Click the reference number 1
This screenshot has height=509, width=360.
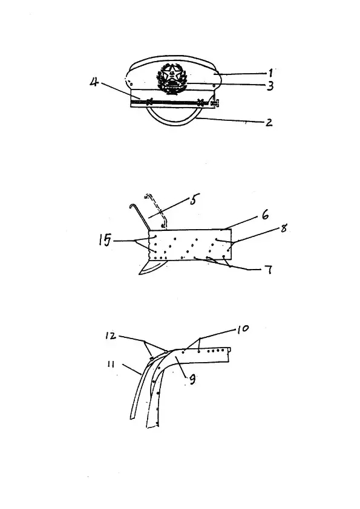pyautogui.click(x=270, y=73)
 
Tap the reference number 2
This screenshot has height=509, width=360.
pyautogui.click(x=269, y=122)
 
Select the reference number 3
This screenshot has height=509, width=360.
pyautogui.click(x=270, y=86)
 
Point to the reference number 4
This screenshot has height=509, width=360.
pyautogui.click(x=94, y=82)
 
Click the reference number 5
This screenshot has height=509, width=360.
pyautogui.click(x=193, y=199)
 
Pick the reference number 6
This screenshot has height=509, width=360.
pyautogui.click(x=266, y=215)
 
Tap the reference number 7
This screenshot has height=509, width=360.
pyautogui.click(x=269, y=270)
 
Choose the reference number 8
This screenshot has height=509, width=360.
pyautogui.click(x=284, y=229)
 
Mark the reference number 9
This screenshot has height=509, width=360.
pyautogui.click(x=192, y=380)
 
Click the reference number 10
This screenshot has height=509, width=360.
pyautogui.click(x=243, y=329)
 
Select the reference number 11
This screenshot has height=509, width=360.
pyautogui.click(x=111, y=365)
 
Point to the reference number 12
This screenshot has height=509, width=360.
pyautogui.click(x=111, y=336)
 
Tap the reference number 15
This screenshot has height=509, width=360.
pyautogui.click(x=105, y=241)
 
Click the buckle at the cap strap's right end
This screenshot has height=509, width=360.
pyautogui.click(x=215, y=103)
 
